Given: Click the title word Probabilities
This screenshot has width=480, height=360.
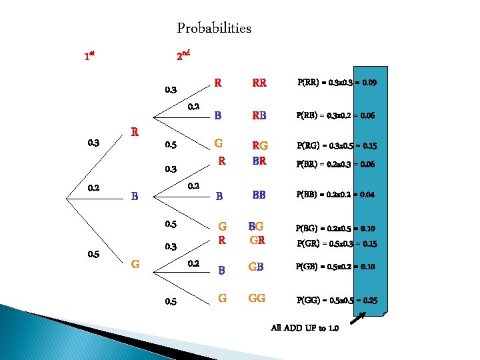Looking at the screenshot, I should (214, 28).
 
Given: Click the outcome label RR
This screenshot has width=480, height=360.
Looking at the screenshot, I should (259, 83).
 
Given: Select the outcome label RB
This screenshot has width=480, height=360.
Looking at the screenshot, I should (259, 115).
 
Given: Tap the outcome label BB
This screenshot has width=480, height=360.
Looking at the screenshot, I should (259, 195).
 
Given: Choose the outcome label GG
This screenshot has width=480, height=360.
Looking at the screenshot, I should (257, 299).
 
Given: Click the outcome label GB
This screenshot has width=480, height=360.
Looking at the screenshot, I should (257, 268).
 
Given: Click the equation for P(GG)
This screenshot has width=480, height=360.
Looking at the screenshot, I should (337, 300).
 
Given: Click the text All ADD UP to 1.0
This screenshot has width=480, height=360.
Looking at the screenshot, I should (305, 328).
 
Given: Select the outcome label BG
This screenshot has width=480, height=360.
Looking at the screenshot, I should (256, 227).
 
